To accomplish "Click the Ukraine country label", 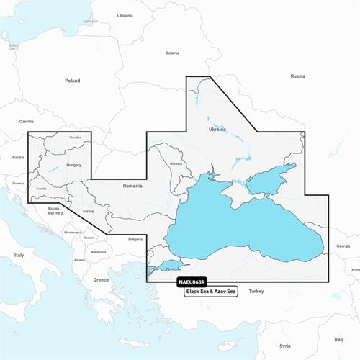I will (217, 130).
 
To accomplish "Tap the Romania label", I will (132, 186).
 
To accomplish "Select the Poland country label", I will (72, 81).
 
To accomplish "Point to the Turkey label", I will (256, 291).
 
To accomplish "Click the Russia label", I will (297, 76).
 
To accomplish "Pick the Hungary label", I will (73, 165).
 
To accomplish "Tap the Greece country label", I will (101, 279).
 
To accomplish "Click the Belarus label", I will (172, 53).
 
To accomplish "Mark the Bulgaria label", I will (135, 239).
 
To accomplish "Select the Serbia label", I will (88, 211).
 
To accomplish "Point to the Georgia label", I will (343, 246).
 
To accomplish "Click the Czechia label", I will (27, 122).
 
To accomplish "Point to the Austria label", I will (18, 157).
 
